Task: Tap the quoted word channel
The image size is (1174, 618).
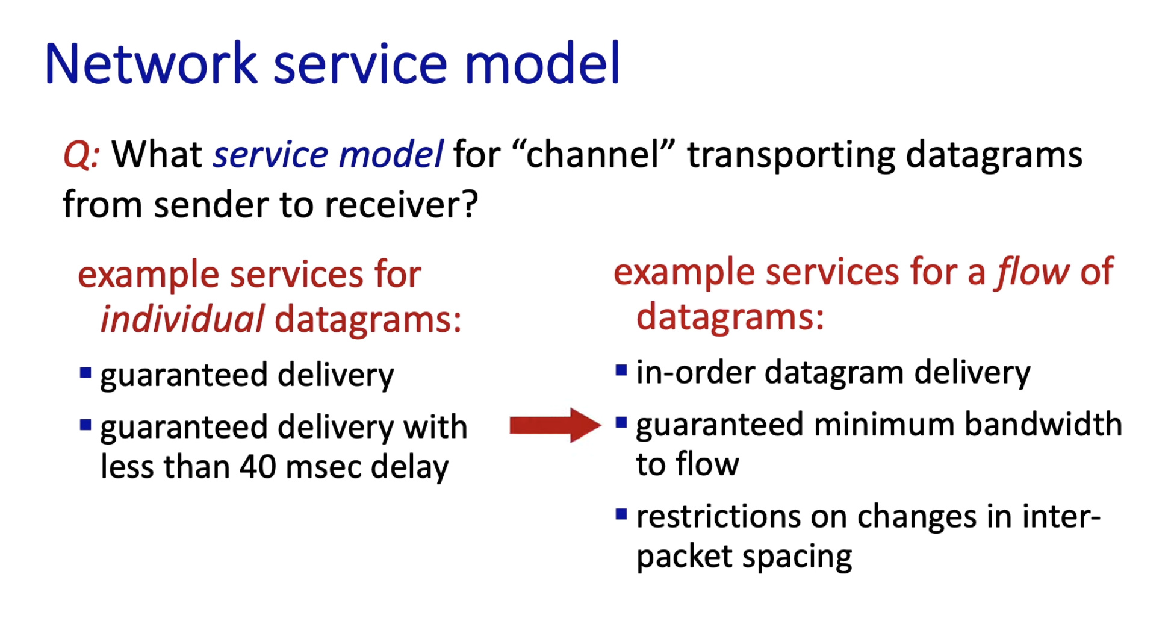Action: (x=594, y=154)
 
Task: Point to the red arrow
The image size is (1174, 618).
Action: (x=555, y=425)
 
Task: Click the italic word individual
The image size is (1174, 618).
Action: (x=182, y=319)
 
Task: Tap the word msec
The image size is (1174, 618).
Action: (x=325, y=467)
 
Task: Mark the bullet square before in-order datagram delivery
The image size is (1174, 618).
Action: (x=621, y=370)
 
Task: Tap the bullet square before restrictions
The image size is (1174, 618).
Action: (x=621, y=514)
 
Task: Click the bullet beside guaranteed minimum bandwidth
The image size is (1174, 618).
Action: (x=621, y=422)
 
